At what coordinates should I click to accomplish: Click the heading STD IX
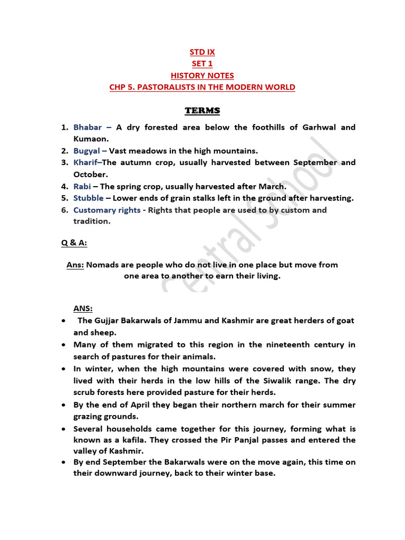[x=202, y=52]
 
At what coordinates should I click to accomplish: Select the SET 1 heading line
[x=202, y=64]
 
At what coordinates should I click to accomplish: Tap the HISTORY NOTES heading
[x=202, y=75]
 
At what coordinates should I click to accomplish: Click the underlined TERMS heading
[x=202, y=111]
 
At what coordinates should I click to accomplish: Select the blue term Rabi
[x=82, y=186]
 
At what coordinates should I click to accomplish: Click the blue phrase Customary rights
[x=107, y=210]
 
